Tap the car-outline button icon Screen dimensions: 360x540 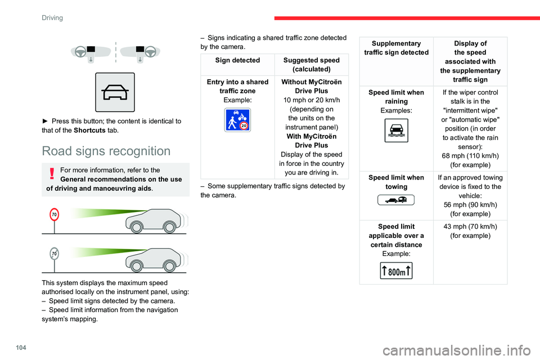coord(115,92)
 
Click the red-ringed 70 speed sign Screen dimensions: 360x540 coord(55,215)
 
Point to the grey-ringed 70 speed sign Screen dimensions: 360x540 coord(55,254)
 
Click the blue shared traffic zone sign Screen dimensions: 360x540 coord(237,120)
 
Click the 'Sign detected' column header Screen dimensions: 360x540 coord(237,60)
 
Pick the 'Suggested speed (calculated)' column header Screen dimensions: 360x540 coord(311,64)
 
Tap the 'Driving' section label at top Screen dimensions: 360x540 coord(52,17)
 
